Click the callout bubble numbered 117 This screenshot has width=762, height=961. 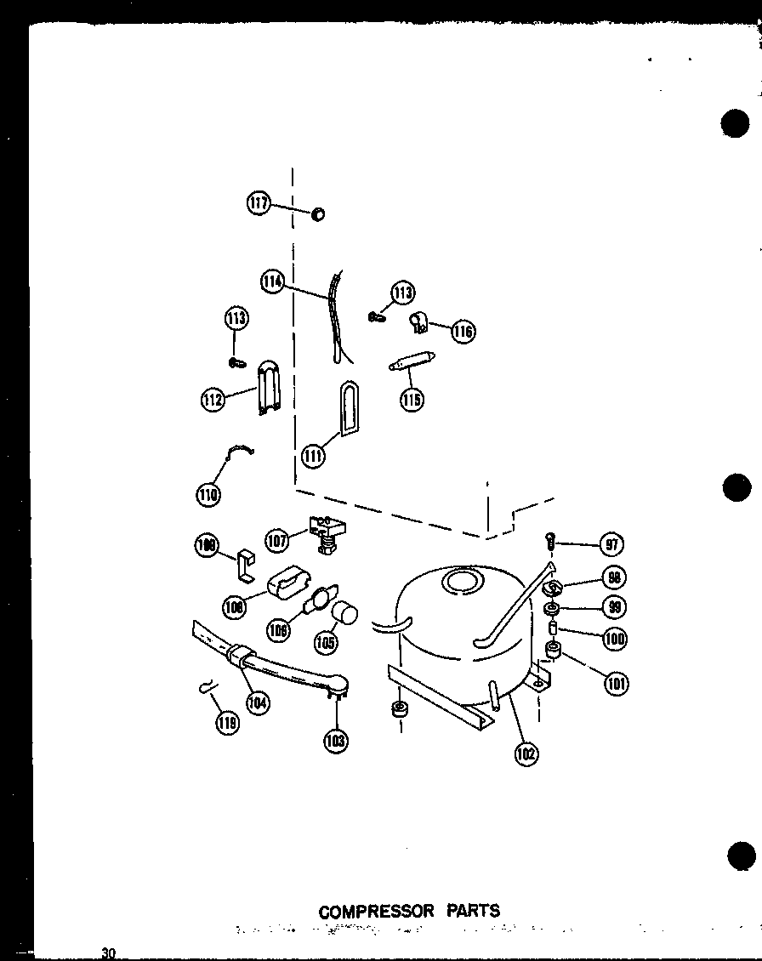point(259,203)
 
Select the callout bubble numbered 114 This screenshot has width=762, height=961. point(273,281)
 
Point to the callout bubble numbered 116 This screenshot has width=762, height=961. point(463,331)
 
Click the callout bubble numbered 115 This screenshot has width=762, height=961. point(412,398)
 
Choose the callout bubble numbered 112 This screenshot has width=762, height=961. point(213,399)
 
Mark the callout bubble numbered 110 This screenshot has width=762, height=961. point(208,492)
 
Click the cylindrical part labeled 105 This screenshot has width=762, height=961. point(344,613)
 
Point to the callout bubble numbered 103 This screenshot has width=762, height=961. point(335,740)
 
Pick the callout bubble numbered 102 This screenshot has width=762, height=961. point(526,753)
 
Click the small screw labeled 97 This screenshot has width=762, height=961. point(552,539)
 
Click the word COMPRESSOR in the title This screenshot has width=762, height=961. point(376,911)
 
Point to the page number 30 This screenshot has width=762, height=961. point(108,952)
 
